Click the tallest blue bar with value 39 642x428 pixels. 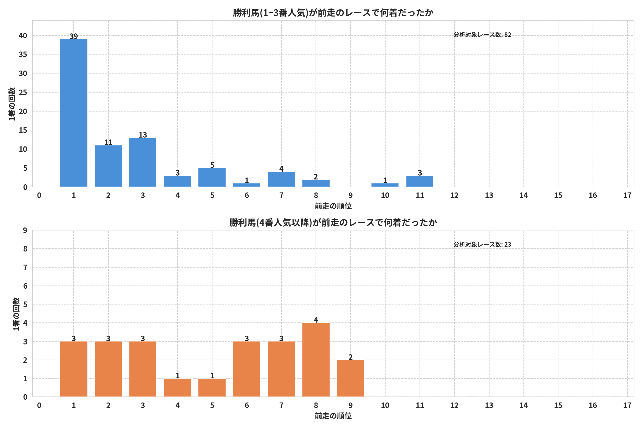point(73,113)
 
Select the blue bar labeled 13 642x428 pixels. point(143,162)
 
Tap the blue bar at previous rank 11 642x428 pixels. point(420,181)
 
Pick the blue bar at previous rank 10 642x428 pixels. point(385,185)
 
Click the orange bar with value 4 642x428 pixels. point(316,360)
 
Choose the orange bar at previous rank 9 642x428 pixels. point(351,378)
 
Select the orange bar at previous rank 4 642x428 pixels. point(177,388)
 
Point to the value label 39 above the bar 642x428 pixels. point(74,36)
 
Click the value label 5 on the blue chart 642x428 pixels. point(212,165)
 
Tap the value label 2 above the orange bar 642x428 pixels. point(351,357)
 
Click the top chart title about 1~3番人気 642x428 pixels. point(333,13)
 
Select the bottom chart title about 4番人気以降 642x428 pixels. point(333,222)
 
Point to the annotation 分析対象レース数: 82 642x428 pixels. point(482,35)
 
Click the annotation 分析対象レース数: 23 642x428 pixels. point(482,244)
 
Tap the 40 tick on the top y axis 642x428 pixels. point(23,36)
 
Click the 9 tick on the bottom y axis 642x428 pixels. point(25,230)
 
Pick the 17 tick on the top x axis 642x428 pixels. point(627,195)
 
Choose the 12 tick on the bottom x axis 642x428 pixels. point(454,405)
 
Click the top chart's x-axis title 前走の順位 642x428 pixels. point(333,206)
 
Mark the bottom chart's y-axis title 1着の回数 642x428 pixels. point(16,314)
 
